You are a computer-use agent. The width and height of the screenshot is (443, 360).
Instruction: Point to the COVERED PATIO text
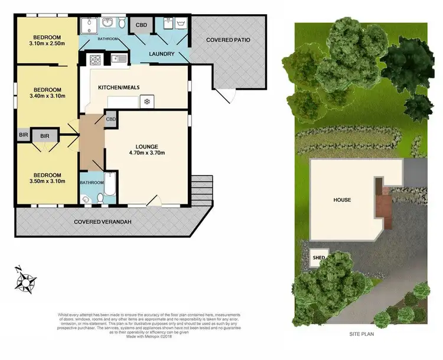click(x=228, y=40)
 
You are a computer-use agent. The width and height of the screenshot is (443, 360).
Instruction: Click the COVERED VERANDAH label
click(x=103, y=222)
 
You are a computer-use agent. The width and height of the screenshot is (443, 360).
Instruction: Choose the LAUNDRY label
click(x=161, y=54)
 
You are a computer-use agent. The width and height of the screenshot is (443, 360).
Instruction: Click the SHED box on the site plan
click(x=319, y=258)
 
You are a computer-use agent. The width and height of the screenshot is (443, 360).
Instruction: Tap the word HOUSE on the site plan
click(x=342, y=200)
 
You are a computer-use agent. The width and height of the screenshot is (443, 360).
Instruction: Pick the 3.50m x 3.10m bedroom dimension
click(x=47, y=182)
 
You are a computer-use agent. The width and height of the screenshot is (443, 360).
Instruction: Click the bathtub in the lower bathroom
click(x=110, y=184)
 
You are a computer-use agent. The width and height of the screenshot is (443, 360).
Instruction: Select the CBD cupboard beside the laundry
click(x=142, y=25)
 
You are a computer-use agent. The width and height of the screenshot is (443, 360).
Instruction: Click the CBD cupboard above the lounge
click(x=112, y=119)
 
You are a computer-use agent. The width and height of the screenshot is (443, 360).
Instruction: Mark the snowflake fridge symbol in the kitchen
click(x=146, y=102)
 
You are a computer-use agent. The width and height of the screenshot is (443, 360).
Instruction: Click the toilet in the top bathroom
click(x=122, y=24)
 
